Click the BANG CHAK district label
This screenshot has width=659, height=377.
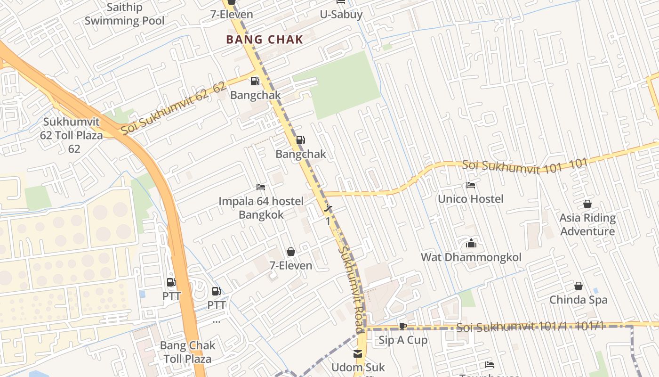tap(265, 40)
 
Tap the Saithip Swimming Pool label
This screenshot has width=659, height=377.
tap(124, 14)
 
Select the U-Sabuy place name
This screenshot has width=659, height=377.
tap(341, 15)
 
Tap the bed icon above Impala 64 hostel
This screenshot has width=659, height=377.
tap(261, 187)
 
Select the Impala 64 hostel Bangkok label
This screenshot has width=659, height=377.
tap(261, 208)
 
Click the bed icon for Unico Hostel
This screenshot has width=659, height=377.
tap(470, 185)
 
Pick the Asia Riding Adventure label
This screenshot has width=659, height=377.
tap(587, 224)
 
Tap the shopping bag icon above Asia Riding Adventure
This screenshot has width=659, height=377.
tap(587, 204)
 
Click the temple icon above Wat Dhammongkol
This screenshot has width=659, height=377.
tap(471, 244)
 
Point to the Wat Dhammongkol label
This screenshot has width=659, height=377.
tap(471, 257)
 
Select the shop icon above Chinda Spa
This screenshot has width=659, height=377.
tap(579, 286)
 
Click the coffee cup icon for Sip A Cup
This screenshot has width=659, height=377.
tap(403, 326)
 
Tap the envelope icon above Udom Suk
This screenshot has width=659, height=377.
tap(358, 353)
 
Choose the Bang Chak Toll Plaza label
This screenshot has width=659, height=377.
tap(187, 352)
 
